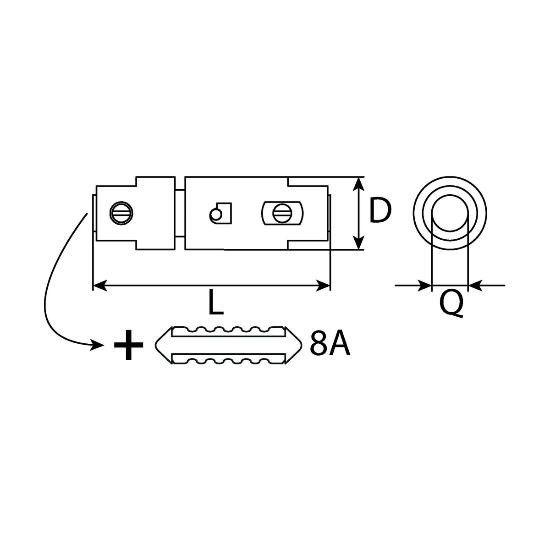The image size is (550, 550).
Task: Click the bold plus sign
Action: pos(128,345)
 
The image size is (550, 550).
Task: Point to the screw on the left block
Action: pos(121,213)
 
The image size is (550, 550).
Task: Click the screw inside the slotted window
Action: pos(282,213)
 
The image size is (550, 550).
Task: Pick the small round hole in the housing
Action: pos(215,214)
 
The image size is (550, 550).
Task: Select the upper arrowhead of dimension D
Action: pos(358,185)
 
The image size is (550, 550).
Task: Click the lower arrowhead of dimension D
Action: pos(358,242)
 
